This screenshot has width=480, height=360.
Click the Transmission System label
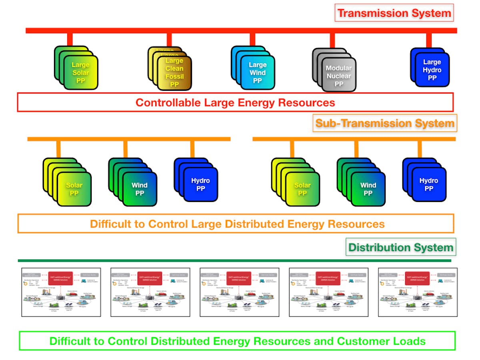pos(394,13)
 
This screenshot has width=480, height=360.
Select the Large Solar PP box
pos(80,72)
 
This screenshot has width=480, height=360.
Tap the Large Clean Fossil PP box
pos(174,72)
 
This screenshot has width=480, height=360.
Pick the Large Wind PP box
pos(257,72)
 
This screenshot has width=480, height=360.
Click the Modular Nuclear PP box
pos(338,76)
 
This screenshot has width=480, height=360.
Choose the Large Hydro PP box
pos(432,70)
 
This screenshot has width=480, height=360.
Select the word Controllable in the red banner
pos(168,102)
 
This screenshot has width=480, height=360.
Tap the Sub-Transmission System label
pos(385,123)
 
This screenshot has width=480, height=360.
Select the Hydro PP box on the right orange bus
pos(428,184)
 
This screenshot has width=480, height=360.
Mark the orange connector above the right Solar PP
pos(292,149)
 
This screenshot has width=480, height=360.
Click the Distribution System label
pos(400,247)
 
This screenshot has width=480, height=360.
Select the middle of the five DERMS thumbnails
pos(239,292)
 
